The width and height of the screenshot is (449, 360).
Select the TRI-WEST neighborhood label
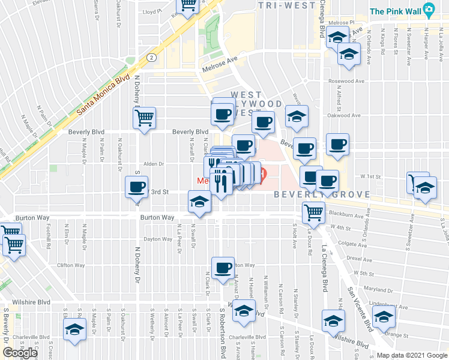point(286,5)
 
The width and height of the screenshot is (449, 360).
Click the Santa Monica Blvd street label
point(103,95)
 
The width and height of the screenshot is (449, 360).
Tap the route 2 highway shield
point(151,58)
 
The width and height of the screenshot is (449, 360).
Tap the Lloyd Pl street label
point(152,11)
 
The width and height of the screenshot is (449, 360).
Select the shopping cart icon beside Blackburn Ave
point(313,212)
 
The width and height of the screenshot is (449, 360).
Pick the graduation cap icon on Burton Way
point(199,202)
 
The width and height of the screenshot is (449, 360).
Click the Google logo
point(19,353)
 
